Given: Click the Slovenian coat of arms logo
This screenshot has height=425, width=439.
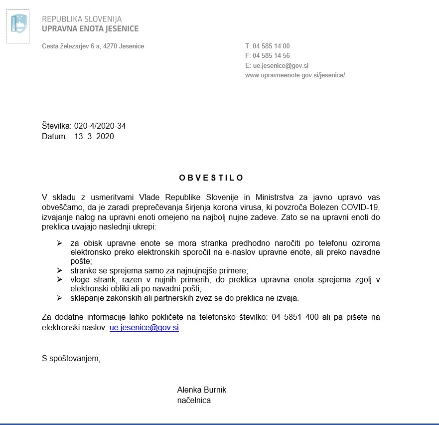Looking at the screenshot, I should pyautogui.click(x=18, y=23).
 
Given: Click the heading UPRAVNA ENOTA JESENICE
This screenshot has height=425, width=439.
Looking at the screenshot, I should pyautogui.click(x=90, y=29).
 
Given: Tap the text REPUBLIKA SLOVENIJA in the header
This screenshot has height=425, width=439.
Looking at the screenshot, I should pyautogui.click(x=82, y=19).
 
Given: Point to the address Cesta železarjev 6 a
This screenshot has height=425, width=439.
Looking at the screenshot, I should pyautogui.click(x=71, y=46).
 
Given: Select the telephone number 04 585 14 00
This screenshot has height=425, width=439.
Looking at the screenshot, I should pyautogui.click(x=271, y=46).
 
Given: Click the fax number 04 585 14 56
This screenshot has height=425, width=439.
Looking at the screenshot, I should pyautogui.click(x=271, y=56).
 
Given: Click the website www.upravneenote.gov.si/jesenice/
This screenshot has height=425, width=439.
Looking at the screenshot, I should pyautogui.click(x=295, y=75).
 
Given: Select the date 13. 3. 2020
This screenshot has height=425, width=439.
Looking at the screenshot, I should pyautogui.click(x=94, y=136).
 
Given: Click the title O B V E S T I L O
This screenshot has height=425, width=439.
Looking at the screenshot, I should pyautogui.click(x=211, y=178).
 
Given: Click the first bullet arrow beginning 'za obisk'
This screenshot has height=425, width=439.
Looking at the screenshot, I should pyautogui.click(x=60, y=243).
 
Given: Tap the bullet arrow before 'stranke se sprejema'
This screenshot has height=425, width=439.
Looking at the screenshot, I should pyautogui.click(x=60, y=270).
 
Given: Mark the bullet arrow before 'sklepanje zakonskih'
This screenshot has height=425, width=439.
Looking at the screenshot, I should pyautogui.click(x=60, y=298).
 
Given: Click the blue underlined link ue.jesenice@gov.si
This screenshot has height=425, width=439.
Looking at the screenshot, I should pyautogui.click(x=144, y=328).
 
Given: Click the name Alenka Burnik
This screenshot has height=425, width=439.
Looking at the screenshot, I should pyautogui.click(x=201, y=390).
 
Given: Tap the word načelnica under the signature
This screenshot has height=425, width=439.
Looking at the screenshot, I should pyautogui.click(x=194, y=400).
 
